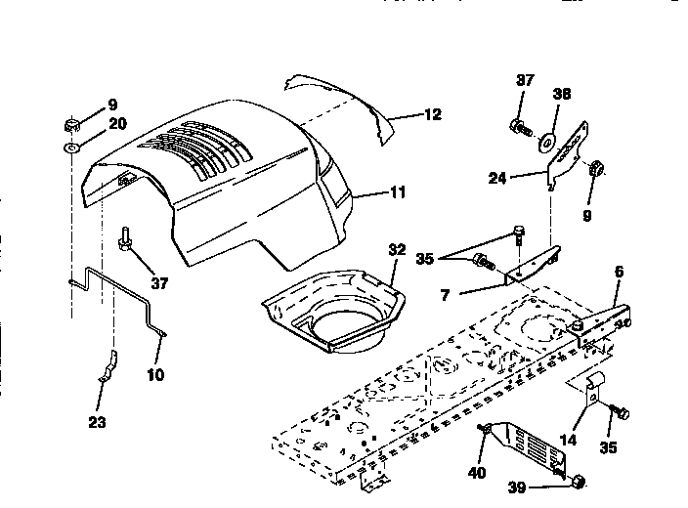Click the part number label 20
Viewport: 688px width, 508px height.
point(117,123)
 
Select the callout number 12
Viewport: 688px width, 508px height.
point(431,114)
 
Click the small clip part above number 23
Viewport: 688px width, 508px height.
point(108,365)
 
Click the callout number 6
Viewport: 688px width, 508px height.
point(619,271)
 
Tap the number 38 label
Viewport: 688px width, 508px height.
point(561,96)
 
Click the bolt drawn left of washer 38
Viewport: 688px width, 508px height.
point(520,127)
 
